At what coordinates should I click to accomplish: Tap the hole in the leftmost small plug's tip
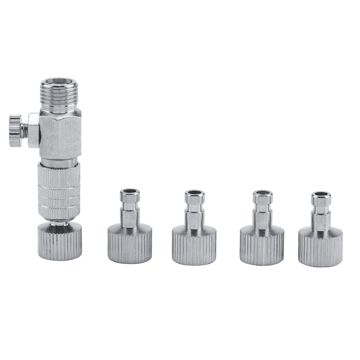[x=130, y=191]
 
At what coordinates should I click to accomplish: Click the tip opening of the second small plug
[x=195, y=193]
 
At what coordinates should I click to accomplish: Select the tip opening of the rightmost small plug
[x=321, y=195]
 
